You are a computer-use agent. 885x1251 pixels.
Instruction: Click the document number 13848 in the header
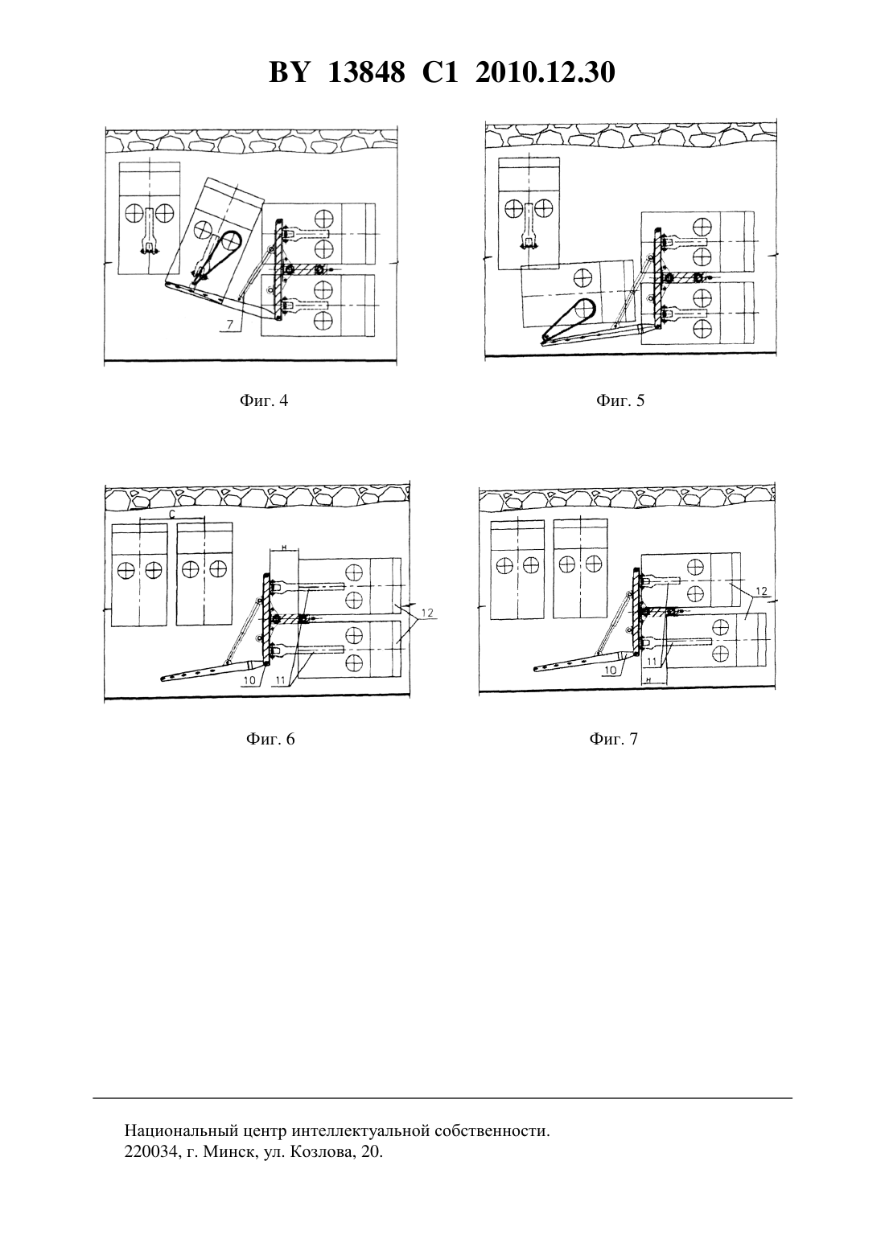pos(366,72)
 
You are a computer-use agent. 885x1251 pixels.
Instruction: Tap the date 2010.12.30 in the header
pos(545,72)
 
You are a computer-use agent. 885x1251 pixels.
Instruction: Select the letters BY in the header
pos(289,72)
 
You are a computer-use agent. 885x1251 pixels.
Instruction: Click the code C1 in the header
pos(440,72)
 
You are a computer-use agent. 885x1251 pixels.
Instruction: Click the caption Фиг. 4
pos(264,400)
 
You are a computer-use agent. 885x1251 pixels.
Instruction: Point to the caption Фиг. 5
pos(620,400)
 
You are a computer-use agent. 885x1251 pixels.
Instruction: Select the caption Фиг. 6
pos(270,739)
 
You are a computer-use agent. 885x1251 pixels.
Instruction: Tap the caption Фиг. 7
pos(613,739)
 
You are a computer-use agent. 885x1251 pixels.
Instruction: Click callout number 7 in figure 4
pos(229,324)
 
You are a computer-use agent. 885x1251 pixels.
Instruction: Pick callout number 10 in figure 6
pos(249,680)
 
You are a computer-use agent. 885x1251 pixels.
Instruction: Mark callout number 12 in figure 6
pos(427,613)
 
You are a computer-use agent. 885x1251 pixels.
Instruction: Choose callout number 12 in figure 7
pos(763,592)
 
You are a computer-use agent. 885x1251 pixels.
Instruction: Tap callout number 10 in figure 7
pos(611,671)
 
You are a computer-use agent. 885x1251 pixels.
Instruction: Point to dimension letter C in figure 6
pos(172,514)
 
